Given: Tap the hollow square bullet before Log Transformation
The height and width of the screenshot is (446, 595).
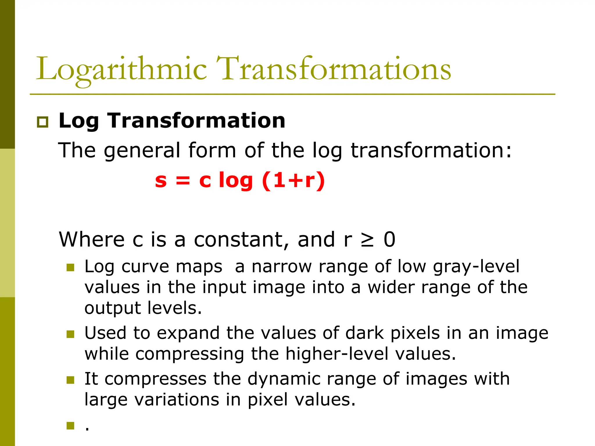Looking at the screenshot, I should click(43, 122).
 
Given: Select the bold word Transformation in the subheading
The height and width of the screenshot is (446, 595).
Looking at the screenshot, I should click(196, 121).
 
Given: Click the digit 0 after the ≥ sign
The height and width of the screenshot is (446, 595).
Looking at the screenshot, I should click(389, 240).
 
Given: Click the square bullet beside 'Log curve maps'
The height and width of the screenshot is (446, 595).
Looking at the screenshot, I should click(70, 267).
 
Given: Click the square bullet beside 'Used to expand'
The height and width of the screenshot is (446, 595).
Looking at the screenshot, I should click(70, 334).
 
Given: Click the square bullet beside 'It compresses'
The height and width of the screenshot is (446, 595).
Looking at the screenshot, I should click(70, 380).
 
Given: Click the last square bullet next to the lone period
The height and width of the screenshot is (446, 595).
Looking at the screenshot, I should click(70, 426).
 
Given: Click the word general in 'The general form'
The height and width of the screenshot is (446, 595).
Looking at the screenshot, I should click(142, 150).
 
